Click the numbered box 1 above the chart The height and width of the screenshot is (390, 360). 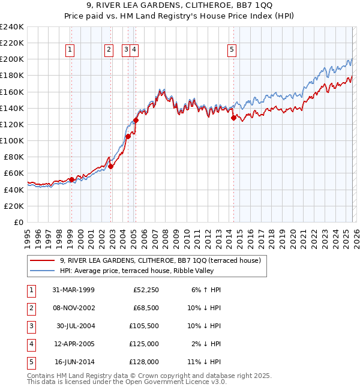click(x=71, y=50)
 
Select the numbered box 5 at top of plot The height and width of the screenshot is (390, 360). click(x=232, y=50)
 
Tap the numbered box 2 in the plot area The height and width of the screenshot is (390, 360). click(x=109, y=50)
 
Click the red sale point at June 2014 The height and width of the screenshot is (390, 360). click(x=233, y=118)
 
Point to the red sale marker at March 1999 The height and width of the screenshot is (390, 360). click(x=71, y=179)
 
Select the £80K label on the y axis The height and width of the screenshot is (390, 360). click(x=13, y=157)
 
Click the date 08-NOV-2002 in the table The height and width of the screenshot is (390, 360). click(x=73, y=308)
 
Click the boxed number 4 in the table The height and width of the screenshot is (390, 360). click(x=30, y=344)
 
